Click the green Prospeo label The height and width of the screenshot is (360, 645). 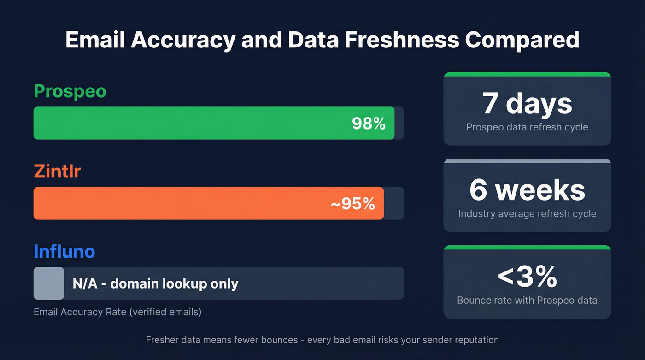70,91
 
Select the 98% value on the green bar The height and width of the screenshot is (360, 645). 369,123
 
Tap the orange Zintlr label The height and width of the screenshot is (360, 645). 57,171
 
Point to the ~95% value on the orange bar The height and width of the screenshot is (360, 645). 353,203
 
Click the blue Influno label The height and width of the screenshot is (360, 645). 64,252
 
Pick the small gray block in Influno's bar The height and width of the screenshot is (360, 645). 49,283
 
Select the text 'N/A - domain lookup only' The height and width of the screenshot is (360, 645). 155,283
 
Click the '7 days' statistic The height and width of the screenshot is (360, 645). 527,103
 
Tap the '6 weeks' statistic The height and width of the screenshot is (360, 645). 527,190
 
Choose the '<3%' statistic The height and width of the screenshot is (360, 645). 527,276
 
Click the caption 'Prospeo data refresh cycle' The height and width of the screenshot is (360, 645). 527,127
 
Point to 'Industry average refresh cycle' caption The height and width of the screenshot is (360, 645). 527,214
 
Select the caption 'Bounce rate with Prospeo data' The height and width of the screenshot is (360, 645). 527,300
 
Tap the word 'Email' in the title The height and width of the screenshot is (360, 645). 95,40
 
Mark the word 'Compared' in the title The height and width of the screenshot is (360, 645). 522,40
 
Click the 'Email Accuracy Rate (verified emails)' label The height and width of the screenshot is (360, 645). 117,312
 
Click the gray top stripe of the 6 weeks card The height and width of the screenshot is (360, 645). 527,160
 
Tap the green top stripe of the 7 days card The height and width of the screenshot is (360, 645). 527,74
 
